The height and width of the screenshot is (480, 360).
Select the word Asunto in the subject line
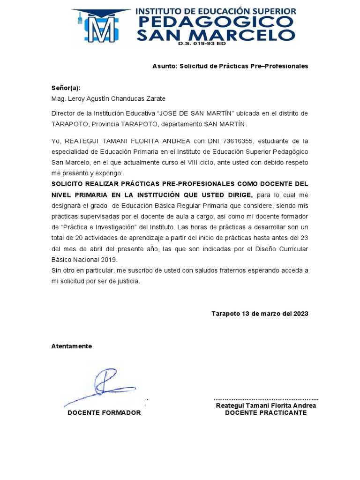(x=164, y=66)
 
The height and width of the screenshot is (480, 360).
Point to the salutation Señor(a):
(x=66, y=88)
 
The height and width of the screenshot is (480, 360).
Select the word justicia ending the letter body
(x=127, y=281)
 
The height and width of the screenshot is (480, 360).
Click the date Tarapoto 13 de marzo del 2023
(x=260, y=314)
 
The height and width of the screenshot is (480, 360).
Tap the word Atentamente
(x=72, y=346)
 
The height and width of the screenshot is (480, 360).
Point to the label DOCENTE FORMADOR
(x=104, y=412)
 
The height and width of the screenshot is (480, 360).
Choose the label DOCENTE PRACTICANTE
(x=266, y=412)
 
